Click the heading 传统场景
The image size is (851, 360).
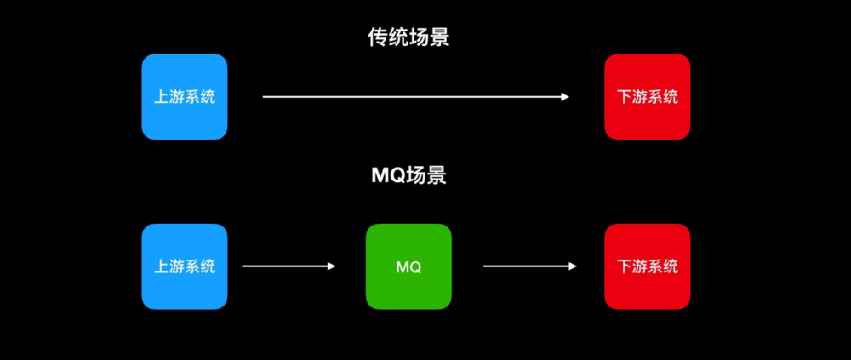[x=408, y=38]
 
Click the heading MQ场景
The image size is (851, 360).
[x=408, y=176]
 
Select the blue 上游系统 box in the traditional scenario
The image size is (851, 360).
[x=184, y=97]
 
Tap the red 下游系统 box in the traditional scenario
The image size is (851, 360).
[x=647, y=97]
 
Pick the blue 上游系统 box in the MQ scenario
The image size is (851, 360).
[x=184, y=266]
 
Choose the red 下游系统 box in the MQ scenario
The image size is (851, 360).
[x=647, y=266]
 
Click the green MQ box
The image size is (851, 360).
[x=408, y=266]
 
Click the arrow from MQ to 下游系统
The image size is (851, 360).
[x=528, y=266]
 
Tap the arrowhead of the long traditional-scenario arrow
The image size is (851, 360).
[x=565, y=97]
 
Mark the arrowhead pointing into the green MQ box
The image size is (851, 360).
[x=332, y=266]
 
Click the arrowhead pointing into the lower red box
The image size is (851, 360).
[x=574, y=266]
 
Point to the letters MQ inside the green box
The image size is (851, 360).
[x=408, y=267]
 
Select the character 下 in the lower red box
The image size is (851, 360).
[x=624, y=266]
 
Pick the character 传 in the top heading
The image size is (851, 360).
[x=378, y=38]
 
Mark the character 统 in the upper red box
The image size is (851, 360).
[x=671, y=97]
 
